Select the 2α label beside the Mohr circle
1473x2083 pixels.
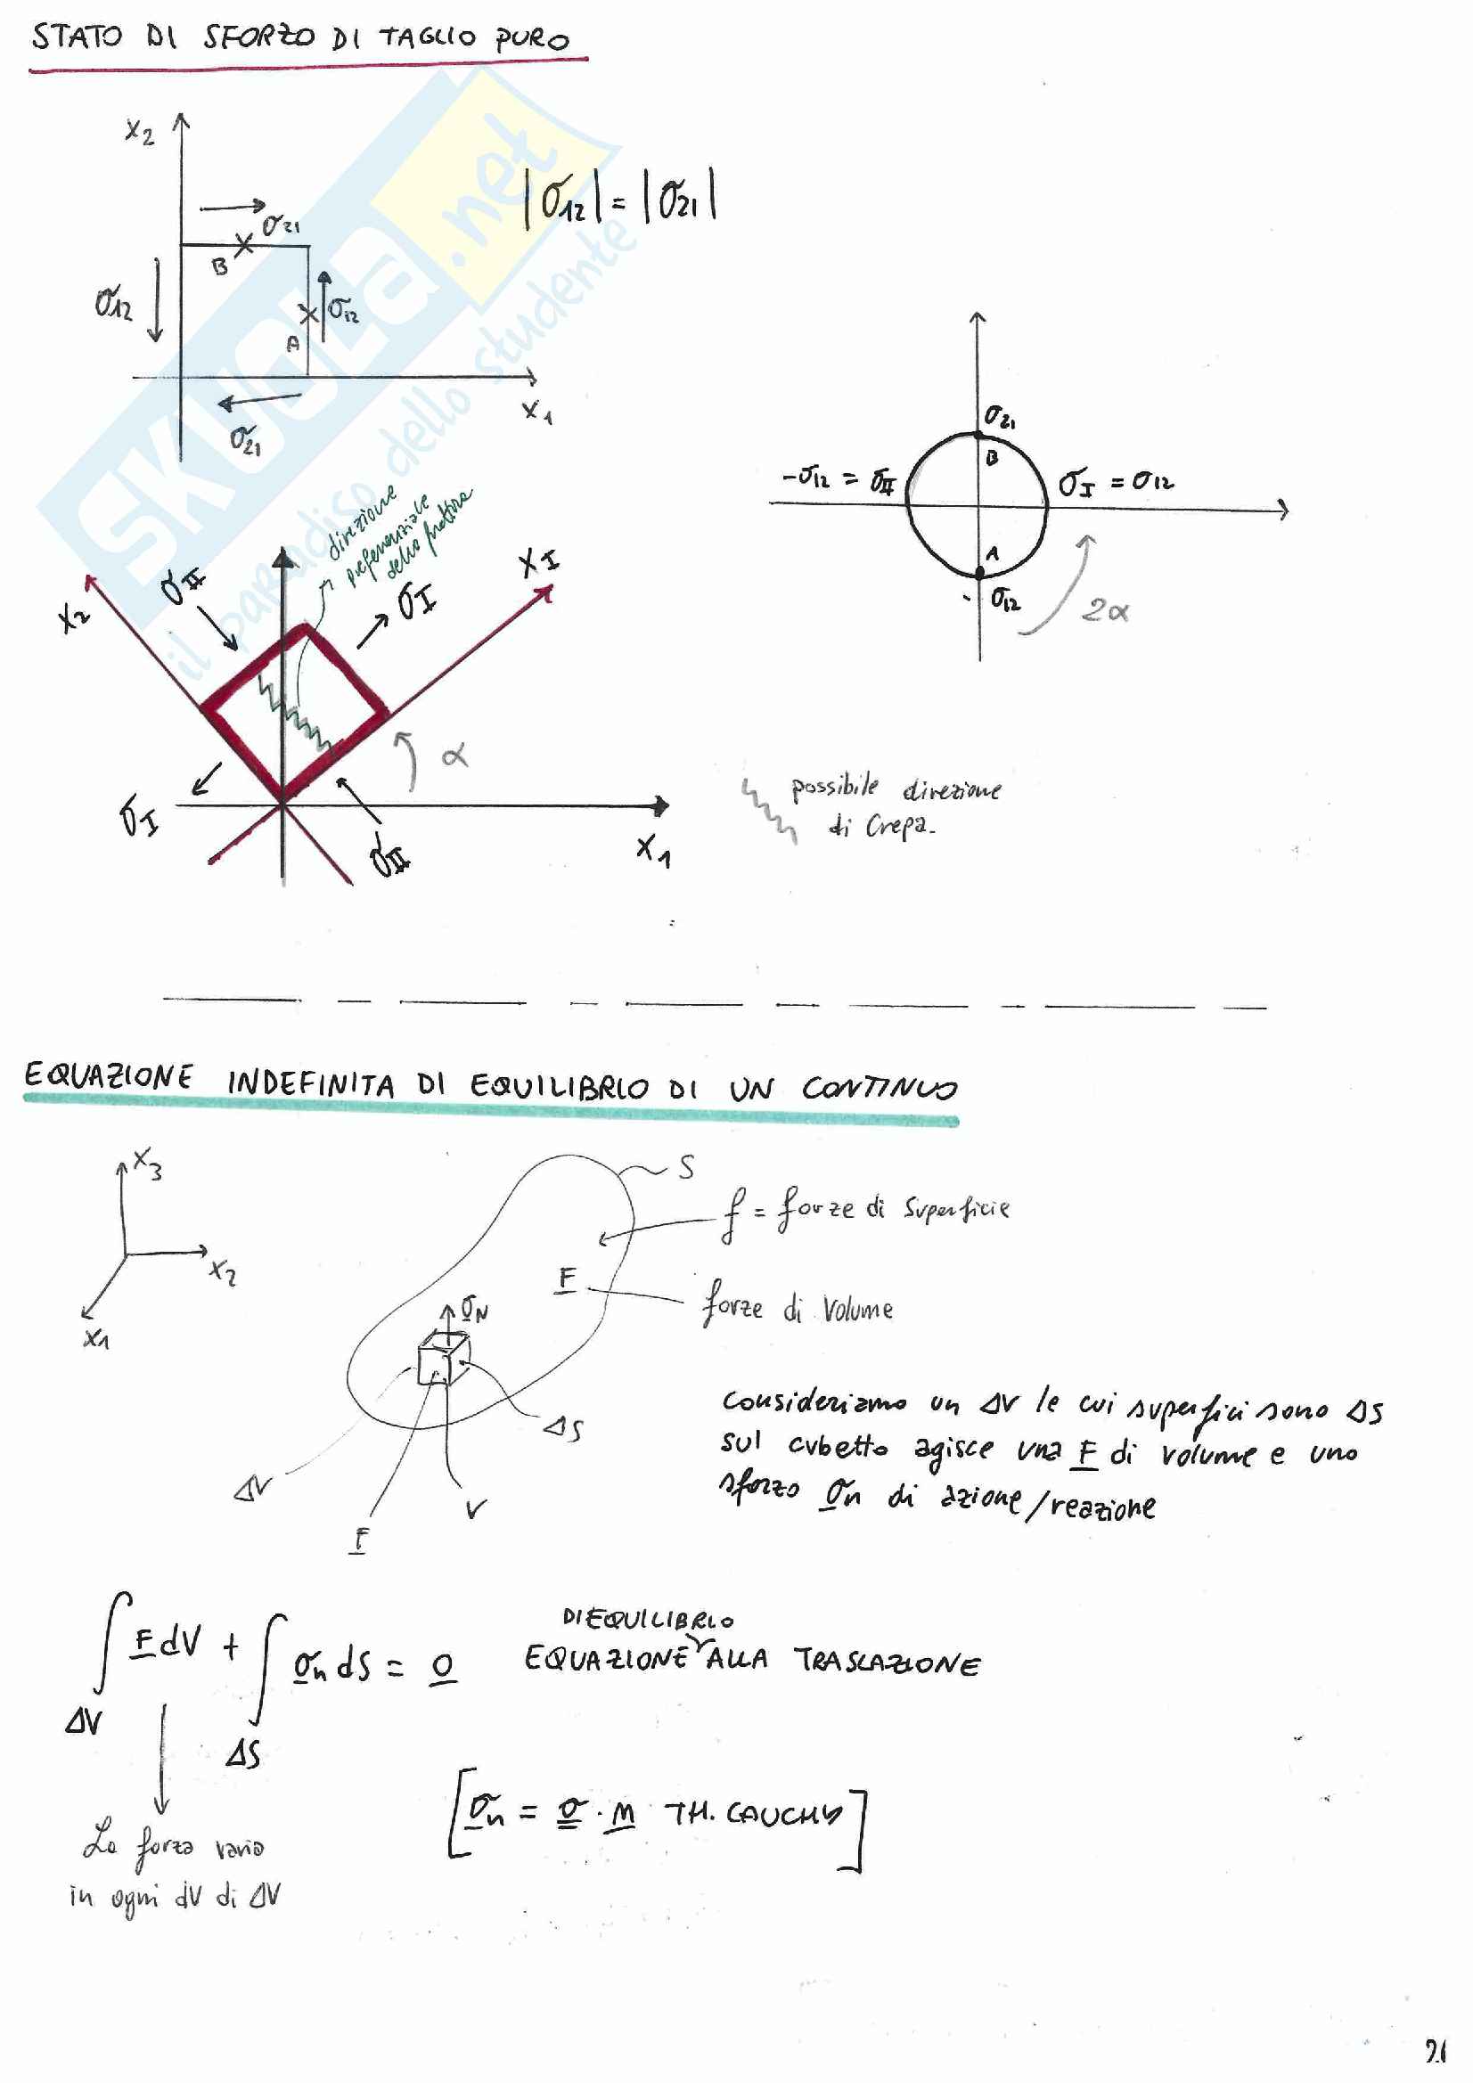coord(1104,610)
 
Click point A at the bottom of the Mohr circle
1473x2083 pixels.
coord(980,572)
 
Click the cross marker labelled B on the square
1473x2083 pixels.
coord(243,243)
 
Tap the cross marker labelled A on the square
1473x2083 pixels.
coord(308,314)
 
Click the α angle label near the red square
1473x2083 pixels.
coord(454,754)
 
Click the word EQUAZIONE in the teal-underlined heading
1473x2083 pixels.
coord(108,1076)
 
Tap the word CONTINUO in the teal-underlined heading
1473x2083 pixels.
coord(879,1087)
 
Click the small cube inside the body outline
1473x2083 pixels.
coord(442,1359)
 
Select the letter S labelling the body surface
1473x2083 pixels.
coord(686,1168)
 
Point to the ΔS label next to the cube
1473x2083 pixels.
coord(562,1428)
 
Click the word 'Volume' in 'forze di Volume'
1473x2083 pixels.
coord(857,1309)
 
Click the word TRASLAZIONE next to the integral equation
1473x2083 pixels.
coord(887,1662)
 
